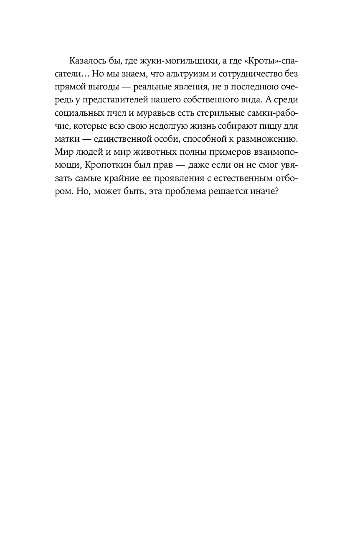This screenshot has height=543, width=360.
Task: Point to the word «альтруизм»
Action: [190, 75]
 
